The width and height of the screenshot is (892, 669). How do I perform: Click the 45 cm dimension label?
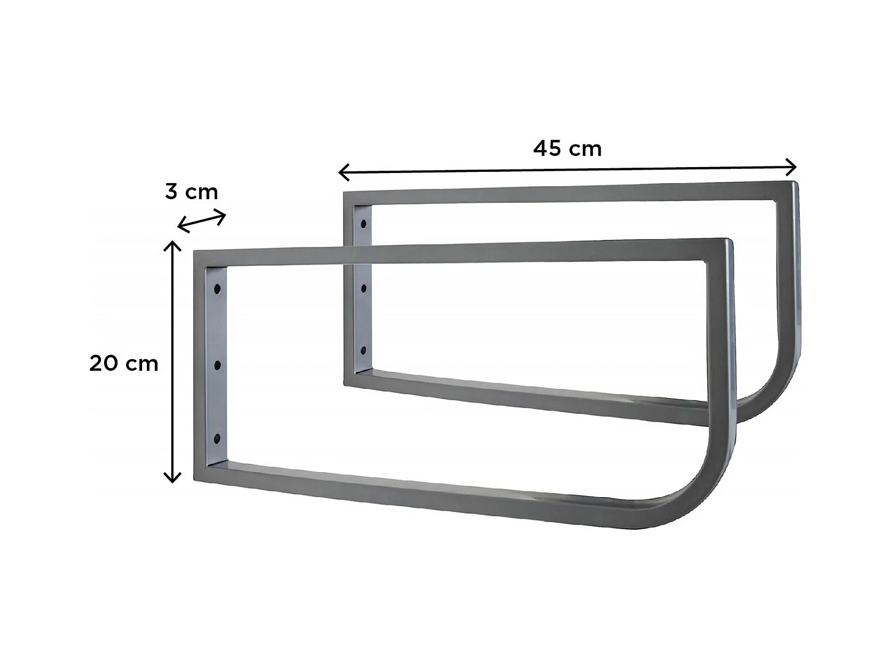coord(567,148)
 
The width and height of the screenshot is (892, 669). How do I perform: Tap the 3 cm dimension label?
coord(191,191)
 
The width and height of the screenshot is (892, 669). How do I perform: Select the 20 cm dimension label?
coord(124,363)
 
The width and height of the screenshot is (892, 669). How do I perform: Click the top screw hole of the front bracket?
coord(218,289)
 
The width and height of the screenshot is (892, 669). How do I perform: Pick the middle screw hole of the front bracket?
coord(218,365)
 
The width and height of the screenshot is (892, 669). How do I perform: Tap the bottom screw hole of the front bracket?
coord(218,439)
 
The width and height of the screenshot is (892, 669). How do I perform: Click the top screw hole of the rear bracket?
coord(363,225)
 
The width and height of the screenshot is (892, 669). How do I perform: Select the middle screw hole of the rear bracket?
coord(363,288)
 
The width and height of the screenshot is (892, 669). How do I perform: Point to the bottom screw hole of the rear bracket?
coord(363,350)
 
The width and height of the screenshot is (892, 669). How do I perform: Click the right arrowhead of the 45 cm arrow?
coord(792,167)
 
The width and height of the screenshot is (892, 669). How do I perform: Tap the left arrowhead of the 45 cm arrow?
coord(343,172)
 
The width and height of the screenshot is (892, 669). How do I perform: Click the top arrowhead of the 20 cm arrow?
coord(172,245)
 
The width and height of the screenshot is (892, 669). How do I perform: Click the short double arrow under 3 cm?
coord(202,221)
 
